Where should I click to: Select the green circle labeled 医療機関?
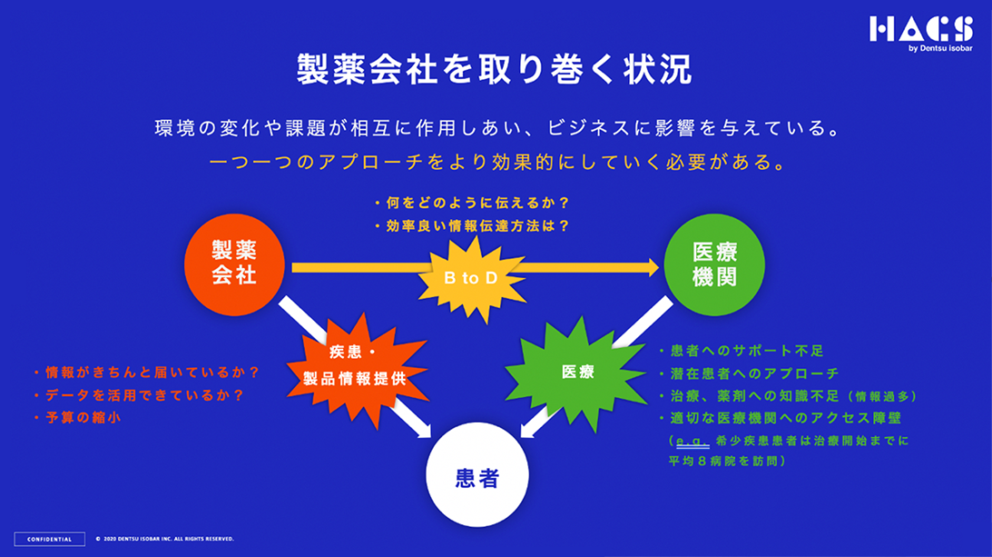714,264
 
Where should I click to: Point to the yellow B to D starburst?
470,278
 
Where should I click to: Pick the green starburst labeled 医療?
577,371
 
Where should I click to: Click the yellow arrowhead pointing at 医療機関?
651,266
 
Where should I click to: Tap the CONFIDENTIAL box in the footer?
50,538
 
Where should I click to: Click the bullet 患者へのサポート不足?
740,350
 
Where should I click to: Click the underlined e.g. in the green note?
692,441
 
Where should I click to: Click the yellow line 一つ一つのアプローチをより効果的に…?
496,164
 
